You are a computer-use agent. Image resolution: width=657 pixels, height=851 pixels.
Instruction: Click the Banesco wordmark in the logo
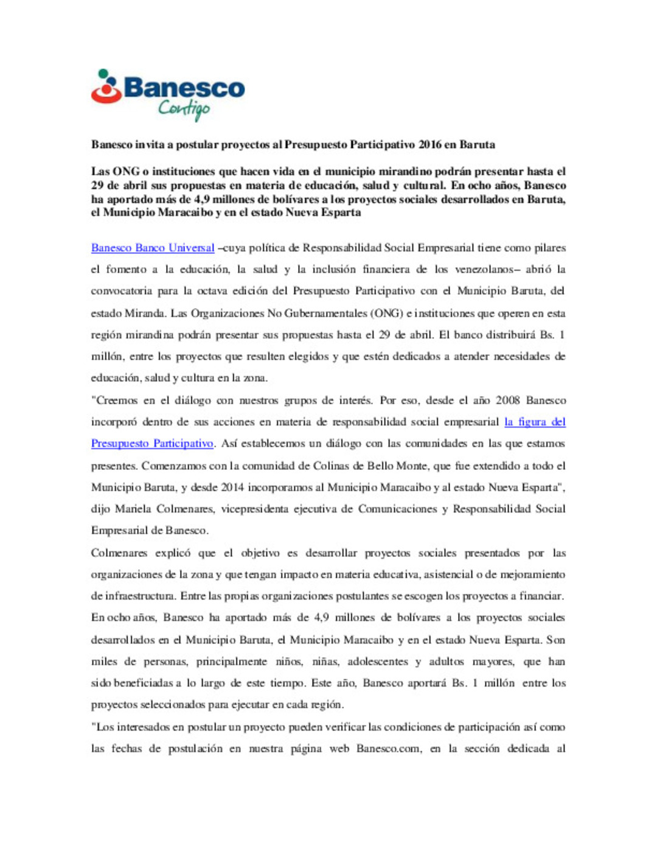tap(184, 88)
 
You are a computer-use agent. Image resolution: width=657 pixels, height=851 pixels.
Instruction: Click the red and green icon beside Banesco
tap(106, 86)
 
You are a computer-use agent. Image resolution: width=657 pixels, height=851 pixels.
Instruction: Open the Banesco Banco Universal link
tap(153, 248)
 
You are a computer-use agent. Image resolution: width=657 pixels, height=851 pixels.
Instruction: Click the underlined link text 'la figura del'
tap(535, 422)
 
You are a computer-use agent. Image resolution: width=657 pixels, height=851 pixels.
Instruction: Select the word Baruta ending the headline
tap(477, 145)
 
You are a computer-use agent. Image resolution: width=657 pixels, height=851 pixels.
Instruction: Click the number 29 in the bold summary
tap(97, 186)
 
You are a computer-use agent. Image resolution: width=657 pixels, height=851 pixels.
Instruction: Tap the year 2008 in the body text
tap(507, 401)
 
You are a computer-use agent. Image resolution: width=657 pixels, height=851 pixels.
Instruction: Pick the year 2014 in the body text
tap(232, 488)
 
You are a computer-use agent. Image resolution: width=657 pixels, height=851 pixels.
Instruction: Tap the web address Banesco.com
tap(388, 749)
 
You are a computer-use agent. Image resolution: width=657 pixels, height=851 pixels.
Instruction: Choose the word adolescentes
tap(378, 662)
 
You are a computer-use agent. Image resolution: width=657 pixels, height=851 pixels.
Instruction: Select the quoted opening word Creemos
tap(115, 401)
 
